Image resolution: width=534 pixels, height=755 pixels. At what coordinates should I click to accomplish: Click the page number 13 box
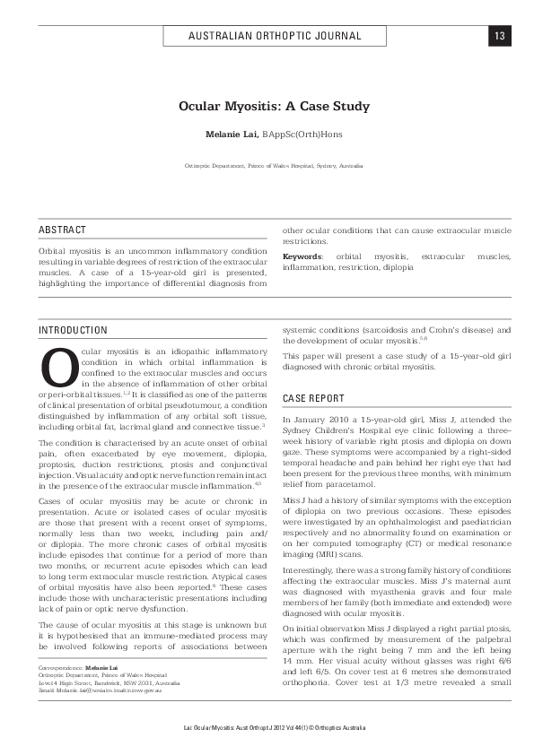499,36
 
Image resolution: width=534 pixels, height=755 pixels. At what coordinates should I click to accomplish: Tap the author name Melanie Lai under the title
233,135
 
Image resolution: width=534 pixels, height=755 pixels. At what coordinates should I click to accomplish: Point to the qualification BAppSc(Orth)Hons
302,135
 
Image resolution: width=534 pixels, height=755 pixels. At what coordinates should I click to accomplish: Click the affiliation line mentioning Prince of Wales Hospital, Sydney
274,167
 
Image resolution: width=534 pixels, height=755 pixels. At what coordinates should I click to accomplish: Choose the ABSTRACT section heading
63,230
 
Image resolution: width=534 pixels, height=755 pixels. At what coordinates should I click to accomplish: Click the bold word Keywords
302,256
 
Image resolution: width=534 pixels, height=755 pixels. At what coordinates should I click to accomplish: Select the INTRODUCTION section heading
73,331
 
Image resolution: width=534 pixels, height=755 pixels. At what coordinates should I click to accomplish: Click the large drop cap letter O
57,368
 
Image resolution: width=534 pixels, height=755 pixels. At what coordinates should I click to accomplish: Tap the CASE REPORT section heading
313,397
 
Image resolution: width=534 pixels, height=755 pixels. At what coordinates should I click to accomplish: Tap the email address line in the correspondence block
100,715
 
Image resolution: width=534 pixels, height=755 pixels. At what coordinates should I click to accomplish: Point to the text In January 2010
313,420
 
